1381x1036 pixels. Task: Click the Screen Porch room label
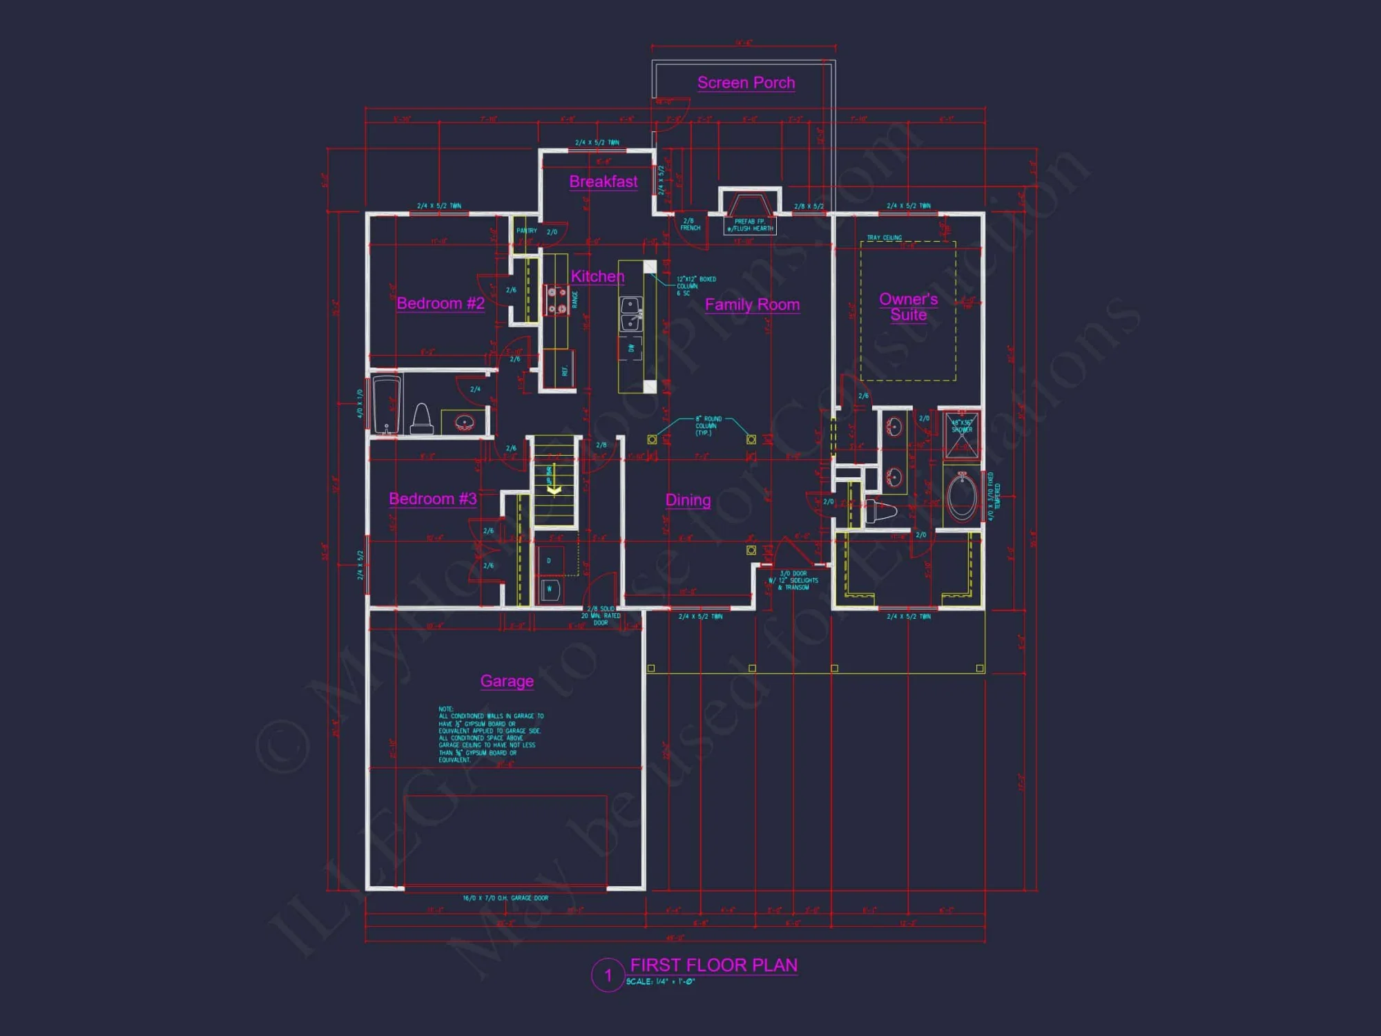pos(746,83)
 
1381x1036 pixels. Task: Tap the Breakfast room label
pos(603,182)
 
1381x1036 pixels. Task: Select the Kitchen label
pos(597,276)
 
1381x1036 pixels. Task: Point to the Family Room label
pos(752,305)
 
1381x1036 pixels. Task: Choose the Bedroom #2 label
pos(441,303)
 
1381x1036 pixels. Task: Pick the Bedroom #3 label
pos(433,499)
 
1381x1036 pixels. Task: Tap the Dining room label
pos(688,500)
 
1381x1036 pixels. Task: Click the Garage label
pos(507,681)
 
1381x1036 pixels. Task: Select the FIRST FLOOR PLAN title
pos(714,965)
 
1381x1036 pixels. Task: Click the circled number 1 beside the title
pos(608,975)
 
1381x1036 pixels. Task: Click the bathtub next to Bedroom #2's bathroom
pos(387,405)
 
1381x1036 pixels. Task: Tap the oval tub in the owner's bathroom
pos(961,495)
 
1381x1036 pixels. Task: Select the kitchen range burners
pos(557,300)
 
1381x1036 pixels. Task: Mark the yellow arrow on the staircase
pos(554,490)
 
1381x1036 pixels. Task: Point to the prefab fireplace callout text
pos(750,225)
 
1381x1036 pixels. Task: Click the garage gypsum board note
pos(490,734)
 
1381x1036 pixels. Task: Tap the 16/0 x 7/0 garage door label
pos(505,898)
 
